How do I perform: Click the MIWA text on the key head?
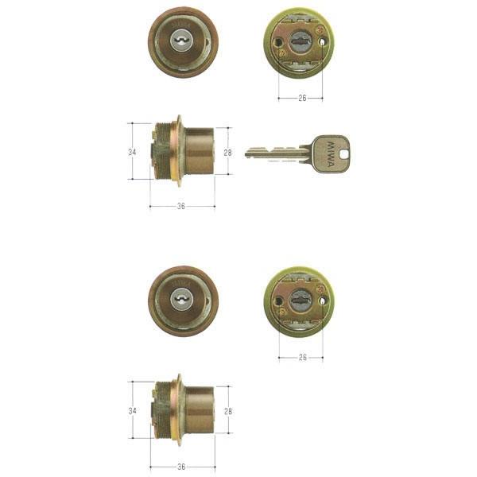(330, 154)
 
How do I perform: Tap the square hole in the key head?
(343, 154)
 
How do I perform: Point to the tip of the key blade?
(246, 153)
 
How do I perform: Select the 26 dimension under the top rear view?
(302, 98)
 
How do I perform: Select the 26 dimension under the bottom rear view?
(302, 357)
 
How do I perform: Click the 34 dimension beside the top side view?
(132, 152)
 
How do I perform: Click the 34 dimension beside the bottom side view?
(132, 411)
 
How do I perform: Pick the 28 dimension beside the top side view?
(228, 153)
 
